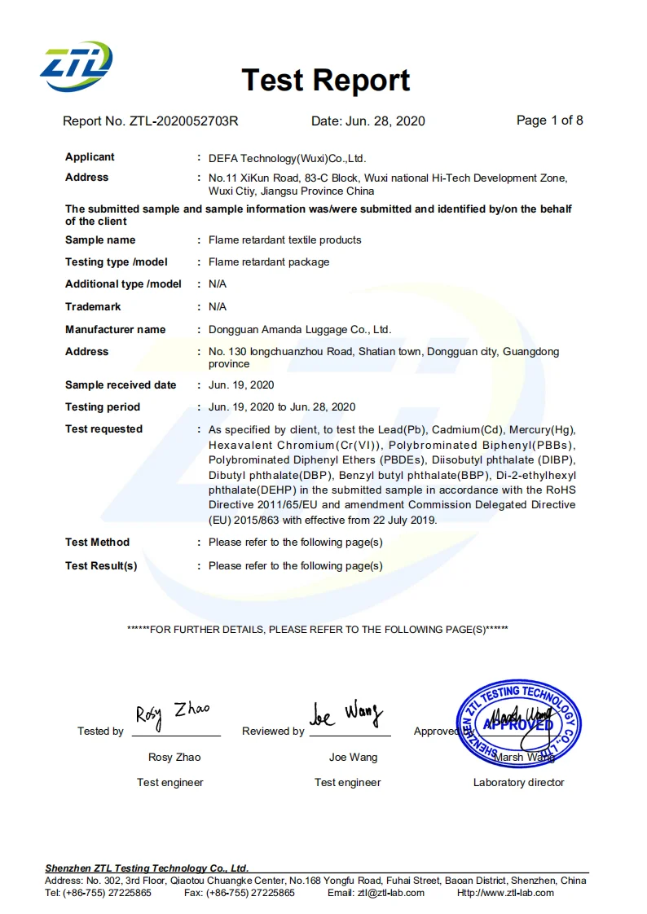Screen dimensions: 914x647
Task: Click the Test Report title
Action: pos(325,81)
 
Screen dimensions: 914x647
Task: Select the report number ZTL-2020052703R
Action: pos(183,121)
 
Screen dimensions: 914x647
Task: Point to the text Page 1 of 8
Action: pos(549,121)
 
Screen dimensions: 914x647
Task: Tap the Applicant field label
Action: pos(90,157)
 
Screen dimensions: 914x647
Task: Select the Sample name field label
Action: pos(100,240)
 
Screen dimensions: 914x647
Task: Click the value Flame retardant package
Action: pos(269,262)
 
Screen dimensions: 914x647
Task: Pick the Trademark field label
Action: pos(93,307)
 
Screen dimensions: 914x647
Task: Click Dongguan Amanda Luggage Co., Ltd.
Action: pos(300,330)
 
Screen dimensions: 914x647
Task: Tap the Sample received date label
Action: pos(121,385)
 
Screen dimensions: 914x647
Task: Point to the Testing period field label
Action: pos(103,407)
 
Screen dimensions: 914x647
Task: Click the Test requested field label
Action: pos(103,429)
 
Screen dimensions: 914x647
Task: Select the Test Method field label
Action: pos(97,543)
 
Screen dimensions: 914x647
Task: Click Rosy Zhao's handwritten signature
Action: pos(172,714)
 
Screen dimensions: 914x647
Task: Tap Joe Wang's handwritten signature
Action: pos(346,714)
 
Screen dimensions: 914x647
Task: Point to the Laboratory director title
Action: pos(518,783)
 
